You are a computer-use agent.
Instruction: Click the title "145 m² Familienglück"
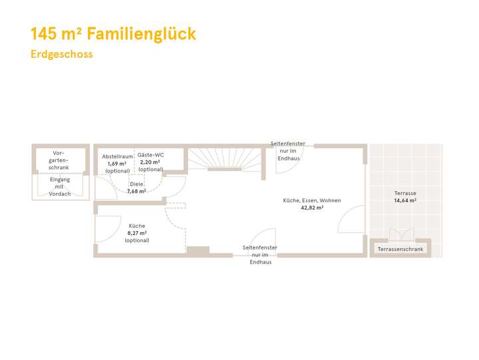(114, 34)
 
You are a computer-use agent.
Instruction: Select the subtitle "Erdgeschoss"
(62, 55)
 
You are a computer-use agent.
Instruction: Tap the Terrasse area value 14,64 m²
(405, 200)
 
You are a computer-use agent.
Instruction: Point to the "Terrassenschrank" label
(400, 250)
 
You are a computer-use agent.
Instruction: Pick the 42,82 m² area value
(311, 208)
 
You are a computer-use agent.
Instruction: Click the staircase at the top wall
(224, 160)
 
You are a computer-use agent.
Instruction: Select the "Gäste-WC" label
(150, 155)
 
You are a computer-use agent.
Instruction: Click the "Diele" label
(136, 184)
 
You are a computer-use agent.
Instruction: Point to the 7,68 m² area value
(136, 192)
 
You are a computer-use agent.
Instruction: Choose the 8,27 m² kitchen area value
(136, 234)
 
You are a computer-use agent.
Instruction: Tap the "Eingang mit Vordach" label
(59, 186)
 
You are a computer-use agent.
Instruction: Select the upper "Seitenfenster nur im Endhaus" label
(289, 151)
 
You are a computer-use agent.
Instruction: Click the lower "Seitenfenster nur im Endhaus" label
(259, 255)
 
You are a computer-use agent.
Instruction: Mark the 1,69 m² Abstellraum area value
(118, 163)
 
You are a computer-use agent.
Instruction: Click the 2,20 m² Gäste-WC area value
(150, 162)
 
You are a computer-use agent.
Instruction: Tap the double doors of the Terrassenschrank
(400, 234)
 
